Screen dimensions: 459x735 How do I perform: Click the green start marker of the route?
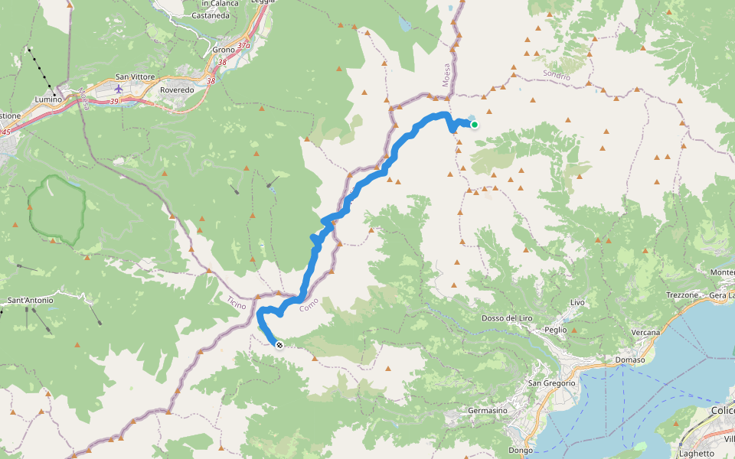(x=475, y=125)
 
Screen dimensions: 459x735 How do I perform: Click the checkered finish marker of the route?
(x=279, y=345)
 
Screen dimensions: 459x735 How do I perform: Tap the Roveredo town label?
(x=178, y=90)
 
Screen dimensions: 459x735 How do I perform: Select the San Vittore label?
(x=135, y=77)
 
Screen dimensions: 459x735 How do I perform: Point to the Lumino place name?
(x=48, y=99)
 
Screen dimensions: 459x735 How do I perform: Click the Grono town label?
(x=224, y=50)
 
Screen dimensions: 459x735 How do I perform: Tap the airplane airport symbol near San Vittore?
(x=118, y=89)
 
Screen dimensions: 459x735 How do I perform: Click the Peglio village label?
(x=556, y=330)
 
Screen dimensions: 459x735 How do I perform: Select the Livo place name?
(x=577, y=303)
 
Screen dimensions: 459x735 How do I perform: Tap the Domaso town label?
(x=630, y=360)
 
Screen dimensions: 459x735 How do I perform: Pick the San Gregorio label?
(x=551, y=382)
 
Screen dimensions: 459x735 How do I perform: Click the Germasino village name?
(x=488, y=411)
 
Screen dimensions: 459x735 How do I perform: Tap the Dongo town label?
(x=520, y=451)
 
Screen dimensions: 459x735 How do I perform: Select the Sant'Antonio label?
(x=31, y=301)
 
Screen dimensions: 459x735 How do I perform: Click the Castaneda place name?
(x=211, y=15)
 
